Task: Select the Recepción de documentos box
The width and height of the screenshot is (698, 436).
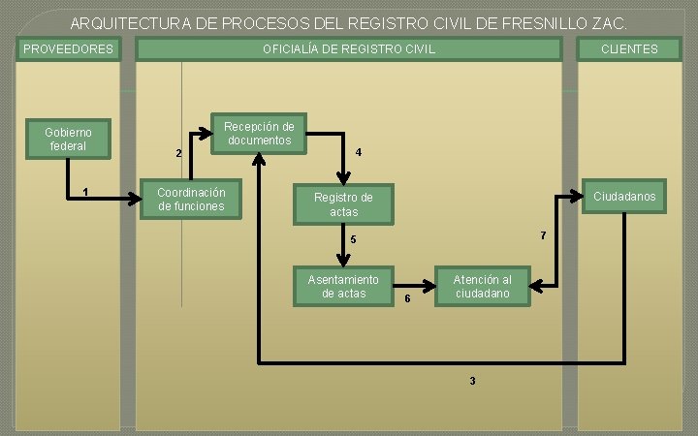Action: point(259,134)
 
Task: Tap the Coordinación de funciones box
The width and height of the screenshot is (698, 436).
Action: point(191,199)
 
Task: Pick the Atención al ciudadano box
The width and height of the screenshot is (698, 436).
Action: point(482,286)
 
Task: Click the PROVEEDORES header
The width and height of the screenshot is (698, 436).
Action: point(68,48)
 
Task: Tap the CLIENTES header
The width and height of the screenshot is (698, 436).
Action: point(628,48)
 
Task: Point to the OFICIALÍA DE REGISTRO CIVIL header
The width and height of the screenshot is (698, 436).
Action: point(349,48)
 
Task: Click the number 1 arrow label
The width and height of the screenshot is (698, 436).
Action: point(86,191)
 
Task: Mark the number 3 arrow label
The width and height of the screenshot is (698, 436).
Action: point(472,381)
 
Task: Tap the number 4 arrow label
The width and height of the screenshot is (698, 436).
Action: point(359,152)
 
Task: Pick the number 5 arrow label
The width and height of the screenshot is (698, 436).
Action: point(354,239)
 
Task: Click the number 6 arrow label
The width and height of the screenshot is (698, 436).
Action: point(407,298)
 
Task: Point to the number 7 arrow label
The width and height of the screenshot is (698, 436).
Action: point(543,236)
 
